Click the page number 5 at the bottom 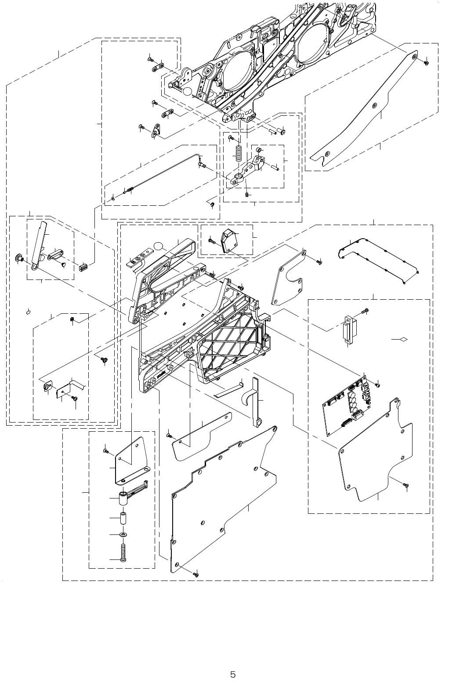click(x=233, y=662)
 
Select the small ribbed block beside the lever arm click(x=83, y=267)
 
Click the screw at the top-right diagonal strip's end click(x=426, y=63)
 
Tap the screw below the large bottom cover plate click(x=196, y=574)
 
